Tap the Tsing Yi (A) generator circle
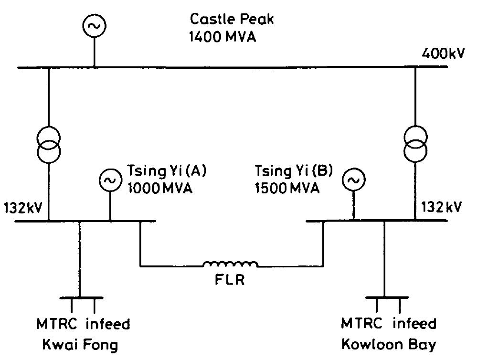point(110,180)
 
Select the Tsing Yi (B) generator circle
point(353,180)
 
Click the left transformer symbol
point(49,145)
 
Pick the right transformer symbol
point(415,145)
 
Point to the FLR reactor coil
point(230,264)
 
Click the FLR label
point(229,279)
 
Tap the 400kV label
point(442,53)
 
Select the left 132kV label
point(22,208)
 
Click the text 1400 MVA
point(223,36)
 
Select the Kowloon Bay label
point(388,344)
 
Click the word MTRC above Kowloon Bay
point(361,324)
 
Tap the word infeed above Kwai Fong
point(107,324)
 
